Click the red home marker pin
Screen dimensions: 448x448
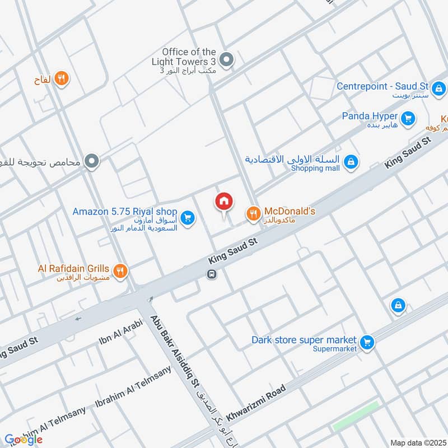pos(224,202)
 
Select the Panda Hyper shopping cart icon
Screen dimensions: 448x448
pos(409,118)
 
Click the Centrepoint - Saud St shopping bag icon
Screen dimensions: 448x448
pos(439,88)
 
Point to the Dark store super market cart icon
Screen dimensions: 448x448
pos(367,341)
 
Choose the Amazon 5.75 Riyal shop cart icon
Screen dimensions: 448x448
pos(188,217)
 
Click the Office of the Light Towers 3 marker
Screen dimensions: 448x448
pos(226,59)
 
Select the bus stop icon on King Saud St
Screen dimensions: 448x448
pos(212,274)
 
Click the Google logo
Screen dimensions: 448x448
pos(24,440)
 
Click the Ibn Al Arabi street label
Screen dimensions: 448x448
pos(121,332)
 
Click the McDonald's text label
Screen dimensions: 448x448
pos(290,211)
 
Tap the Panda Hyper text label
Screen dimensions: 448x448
pos(370,116)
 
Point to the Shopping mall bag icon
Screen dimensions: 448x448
pos(351,162)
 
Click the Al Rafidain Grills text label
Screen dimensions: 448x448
pos(73,268)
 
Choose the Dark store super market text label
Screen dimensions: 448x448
pos(304,340)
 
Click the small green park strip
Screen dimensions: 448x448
pos(356,417)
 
